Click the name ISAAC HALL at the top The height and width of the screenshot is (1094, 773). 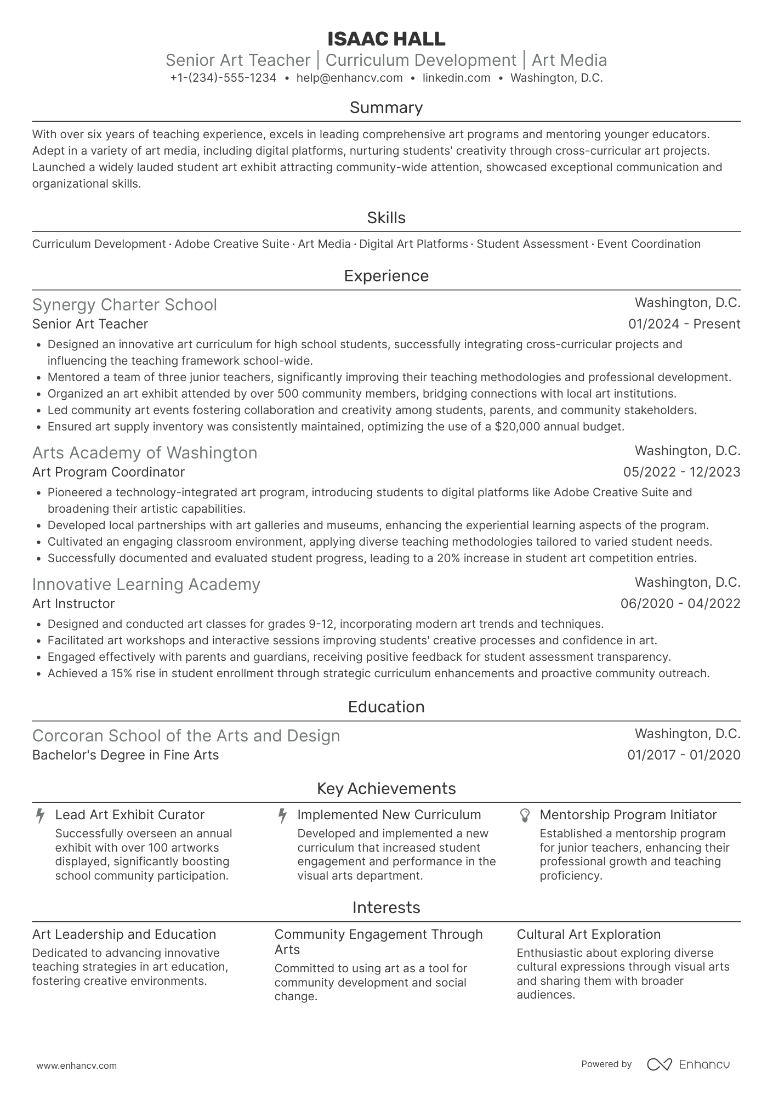point(386,39)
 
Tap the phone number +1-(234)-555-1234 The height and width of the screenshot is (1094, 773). point(223,78)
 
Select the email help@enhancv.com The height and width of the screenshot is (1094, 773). point(349,78)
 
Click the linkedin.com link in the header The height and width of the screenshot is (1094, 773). point(456,78)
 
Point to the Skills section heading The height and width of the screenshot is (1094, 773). point(386,218)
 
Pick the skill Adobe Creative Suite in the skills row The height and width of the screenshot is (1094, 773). point(231,244)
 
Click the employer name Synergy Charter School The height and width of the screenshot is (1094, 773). point(124,305)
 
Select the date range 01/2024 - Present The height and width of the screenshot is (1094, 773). point(684,324)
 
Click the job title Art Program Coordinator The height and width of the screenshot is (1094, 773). point(109,472)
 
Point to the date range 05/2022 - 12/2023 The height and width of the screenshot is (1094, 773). point(681,472)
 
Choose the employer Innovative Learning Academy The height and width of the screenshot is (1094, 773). point(146,585)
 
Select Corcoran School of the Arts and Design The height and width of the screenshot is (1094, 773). point(186,736)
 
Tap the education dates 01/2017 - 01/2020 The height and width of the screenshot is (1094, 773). point(684,755)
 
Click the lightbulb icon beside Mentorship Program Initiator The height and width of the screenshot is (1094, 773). point(525,815)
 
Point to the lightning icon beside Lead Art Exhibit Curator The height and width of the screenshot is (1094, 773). point(40,815)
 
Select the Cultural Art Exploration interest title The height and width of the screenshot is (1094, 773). point(588,934)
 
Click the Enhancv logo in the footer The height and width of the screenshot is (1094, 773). point(688,1064)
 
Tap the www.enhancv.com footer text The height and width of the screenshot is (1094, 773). point(76,1065)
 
